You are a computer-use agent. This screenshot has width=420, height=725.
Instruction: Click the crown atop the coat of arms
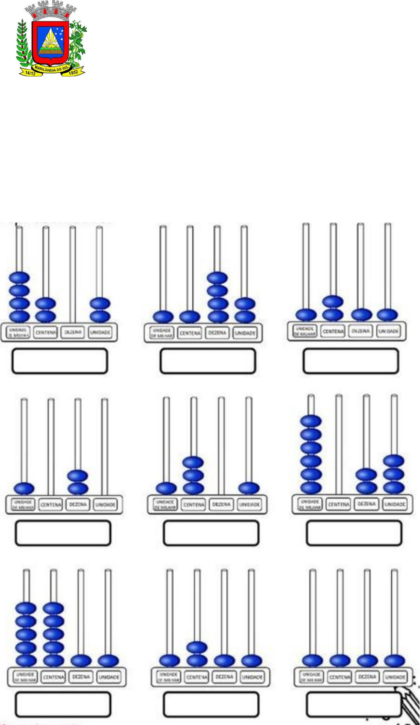[x=53, y=8]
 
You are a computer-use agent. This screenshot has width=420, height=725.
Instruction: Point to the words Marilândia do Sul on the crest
[x=52, y=68]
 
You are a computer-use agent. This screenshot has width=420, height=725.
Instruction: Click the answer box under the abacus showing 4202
[x=60, y=361]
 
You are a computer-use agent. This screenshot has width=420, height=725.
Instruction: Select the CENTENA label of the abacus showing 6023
[x=338, y=504]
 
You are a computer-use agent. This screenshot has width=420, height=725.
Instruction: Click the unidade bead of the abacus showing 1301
[x=249, y=488]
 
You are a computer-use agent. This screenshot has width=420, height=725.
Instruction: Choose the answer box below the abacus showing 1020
[x=63, y=533]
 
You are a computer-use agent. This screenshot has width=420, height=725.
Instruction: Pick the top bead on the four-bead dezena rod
[x=217, y=278]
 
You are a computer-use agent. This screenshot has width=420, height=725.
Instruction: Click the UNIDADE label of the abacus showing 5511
[x=108, y=678]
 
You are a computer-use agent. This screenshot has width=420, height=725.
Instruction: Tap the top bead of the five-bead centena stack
[x=54, y=608]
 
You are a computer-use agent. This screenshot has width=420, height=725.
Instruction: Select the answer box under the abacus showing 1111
[x=354, y=705]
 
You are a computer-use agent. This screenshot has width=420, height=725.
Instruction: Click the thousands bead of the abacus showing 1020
[x=24, y=489]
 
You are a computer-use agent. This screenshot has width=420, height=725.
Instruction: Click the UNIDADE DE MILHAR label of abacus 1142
[x=163, y=333]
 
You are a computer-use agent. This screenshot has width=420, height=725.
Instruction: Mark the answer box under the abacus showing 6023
[x=354, y=533]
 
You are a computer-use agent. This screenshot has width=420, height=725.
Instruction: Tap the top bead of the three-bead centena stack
[x=193, y=462]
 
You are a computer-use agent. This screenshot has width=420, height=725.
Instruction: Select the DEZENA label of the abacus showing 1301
[x=221, y=504]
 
